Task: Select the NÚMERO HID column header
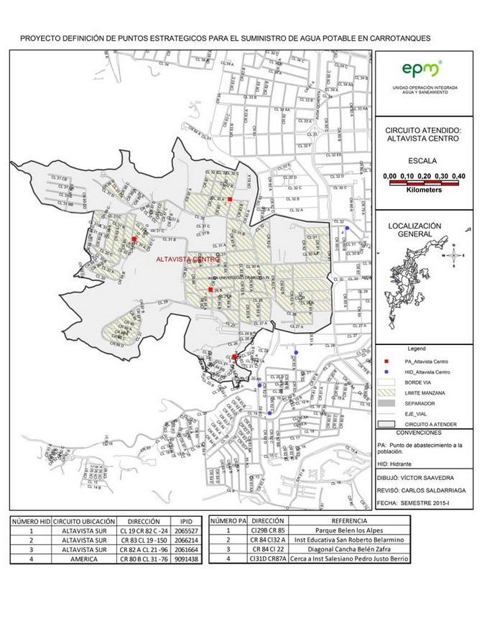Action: coord(29,521)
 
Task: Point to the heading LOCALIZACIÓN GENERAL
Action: coord(419,229)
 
